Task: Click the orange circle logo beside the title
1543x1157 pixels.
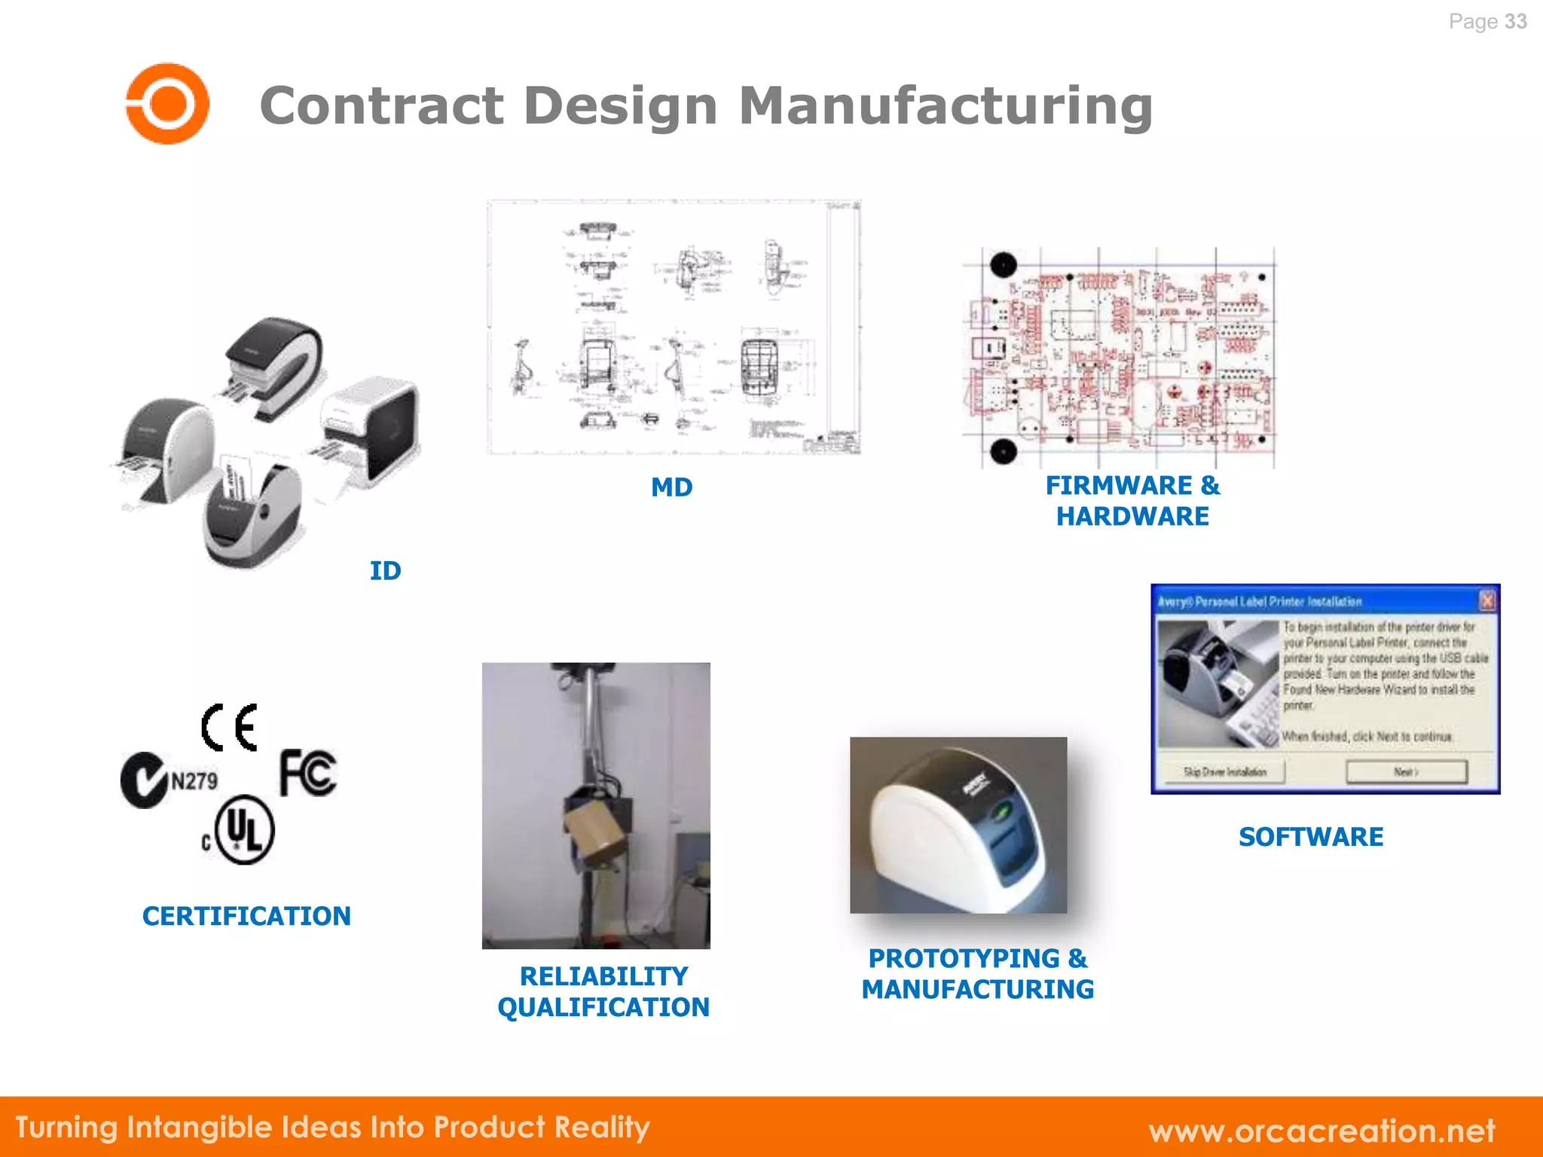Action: pos(167,103)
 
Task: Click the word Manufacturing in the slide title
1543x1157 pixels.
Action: pos(946,105)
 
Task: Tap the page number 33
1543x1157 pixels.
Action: pos(1515,22)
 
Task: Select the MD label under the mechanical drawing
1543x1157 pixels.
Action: pos(671,487)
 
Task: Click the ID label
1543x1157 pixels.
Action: pos(385,571)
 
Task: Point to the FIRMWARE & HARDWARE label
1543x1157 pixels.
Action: pos(1132,501)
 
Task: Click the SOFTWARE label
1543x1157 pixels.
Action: pos(1311,837)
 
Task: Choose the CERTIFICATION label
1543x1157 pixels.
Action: pos(246,916)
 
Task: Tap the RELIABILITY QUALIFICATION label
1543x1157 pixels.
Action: pos(603,991)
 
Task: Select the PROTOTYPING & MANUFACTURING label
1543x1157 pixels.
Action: pos(978,973)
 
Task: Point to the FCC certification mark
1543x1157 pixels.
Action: pos(308,773)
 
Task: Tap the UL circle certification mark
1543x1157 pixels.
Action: pos(244,829)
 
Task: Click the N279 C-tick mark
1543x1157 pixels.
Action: pos(170,780)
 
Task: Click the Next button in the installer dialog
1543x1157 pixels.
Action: pos(1406,772)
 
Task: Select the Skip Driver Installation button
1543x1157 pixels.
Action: pos(1224,772)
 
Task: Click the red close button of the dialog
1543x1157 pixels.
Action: pos(1487,601)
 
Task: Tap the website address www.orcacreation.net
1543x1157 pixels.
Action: pos(1321,1131)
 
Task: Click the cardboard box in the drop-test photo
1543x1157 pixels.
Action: pos(595,832)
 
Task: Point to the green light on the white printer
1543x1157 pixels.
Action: pos(1002,811)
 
